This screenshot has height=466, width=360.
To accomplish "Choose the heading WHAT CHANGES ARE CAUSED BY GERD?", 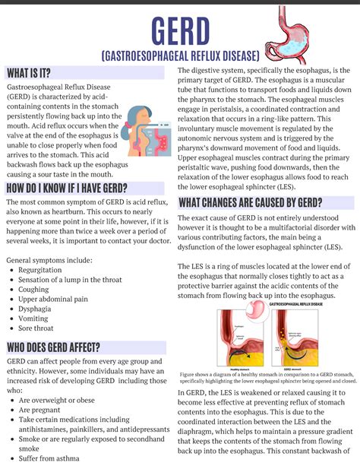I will coord(250,202).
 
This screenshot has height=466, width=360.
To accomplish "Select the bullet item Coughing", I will coord(34,290).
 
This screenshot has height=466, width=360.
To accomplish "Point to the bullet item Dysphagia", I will coord(36,309).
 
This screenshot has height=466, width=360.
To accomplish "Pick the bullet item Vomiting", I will coord(35,319).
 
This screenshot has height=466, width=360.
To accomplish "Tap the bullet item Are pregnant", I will coord(42,410).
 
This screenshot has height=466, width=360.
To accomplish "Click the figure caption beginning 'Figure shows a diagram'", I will coord(267,378).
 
